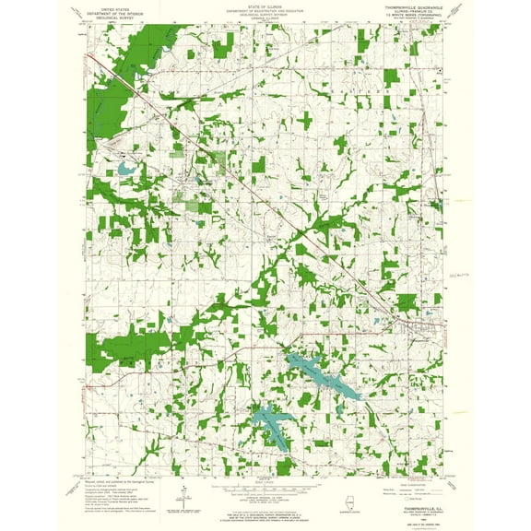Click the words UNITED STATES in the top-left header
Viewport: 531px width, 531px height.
[110, 6]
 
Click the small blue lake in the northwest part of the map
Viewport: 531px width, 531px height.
[124, 170]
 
